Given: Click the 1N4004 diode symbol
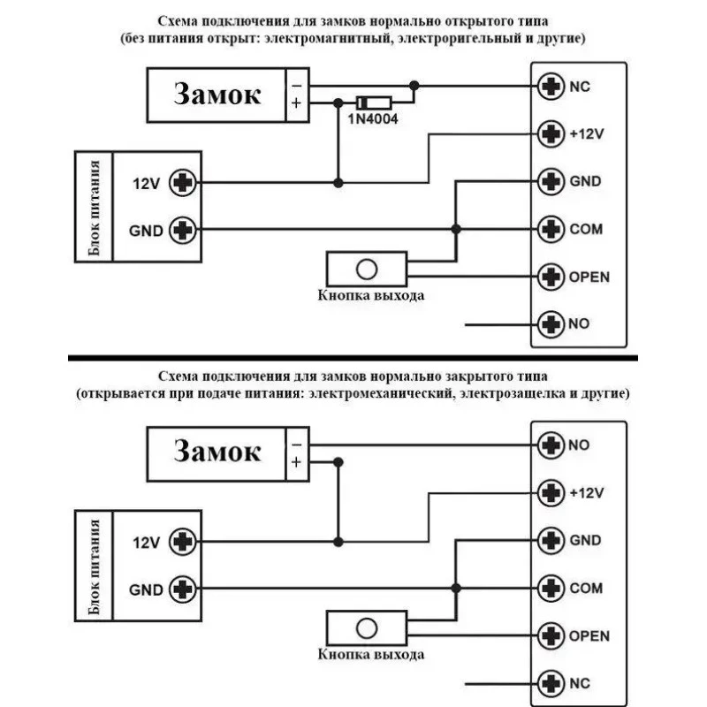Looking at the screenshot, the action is point(374,103).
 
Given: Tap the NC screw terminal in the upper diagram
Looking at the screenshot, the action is point(551,86).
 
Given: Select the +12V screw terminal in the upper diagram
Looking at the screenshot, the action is point(551,134).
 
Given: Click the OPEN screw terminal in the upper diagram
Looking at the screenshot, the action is point(551,277).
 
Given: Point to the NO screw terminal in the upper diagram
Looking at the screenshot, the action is point(551,324).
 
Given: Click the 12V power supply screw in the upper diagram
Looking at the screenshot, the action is point(183,183).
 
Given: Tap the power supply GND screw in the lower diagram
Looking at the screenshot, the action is point(183,589).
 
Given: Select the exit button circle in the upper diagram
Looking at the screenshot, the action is point(367,270).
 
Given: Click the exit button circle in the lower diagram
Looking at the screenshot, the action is point(367,628).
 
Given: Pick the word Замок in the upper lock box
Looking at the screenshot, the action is point(217,95).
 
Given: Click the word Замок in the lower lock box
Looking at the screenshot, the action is point(217,451).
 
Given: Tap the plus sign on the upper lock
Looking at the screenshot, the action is point(296,103).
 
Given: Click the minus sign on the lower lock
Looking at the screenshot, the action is point(296,445).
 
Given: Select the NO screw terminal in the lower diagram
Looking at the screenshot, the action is point(551,445).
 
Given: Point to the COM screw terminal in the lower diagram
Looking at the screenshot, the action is point(551,588).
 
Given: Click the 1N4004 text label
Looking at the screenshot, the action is point(373,119).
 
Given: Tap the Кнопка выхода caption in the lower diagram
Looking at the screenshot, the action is point(371,654).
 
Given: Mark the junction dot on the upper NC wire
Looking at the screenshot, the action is point(414,86).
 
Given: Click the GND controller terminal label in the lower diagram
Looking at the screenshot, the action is point(585,540).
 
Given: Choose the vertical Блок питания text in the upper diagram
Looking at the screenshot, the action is point(94,207).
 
